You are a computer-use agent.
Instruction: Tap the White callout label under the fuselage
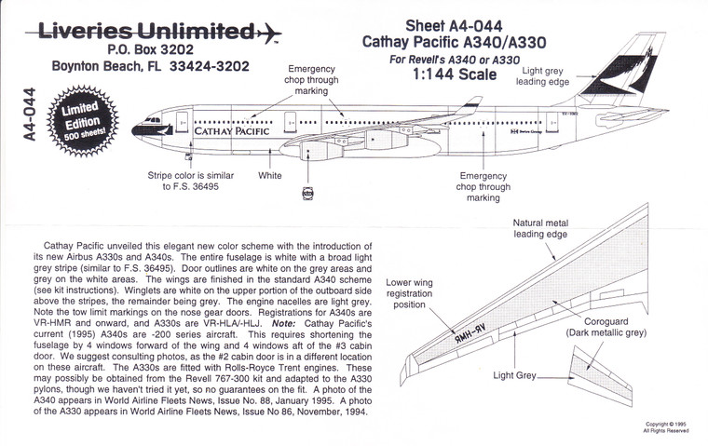click(x=269, y=174)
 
